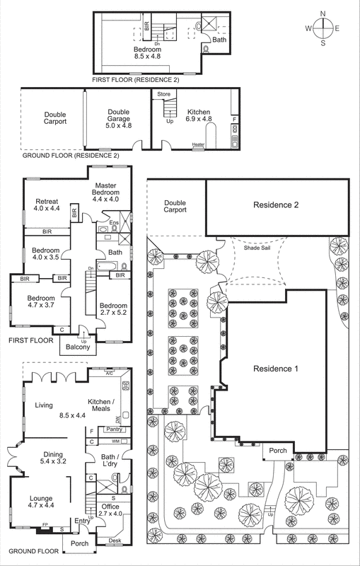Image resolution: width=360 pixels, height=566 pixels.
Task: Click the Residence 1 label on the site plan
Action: [272, 369]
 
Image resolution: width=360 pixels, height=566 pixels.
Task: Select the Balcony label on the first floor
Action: [79, 347]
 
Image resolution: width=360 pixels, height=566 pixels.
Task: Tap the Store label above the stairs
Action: [163, 93]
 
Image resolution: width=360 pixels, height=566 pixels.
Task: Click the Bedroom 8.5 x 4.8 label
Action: [152, 54]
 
